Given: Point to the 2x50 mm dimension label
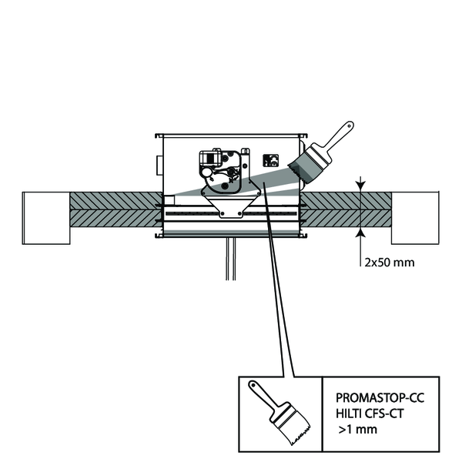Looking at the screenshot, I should point(389,262).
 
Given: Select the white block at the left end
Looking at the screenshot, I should point(47,216).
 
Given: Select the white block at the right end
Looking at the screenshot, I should point(415,216).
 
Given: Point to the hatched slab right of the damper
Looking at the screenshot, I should point(346,209).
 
